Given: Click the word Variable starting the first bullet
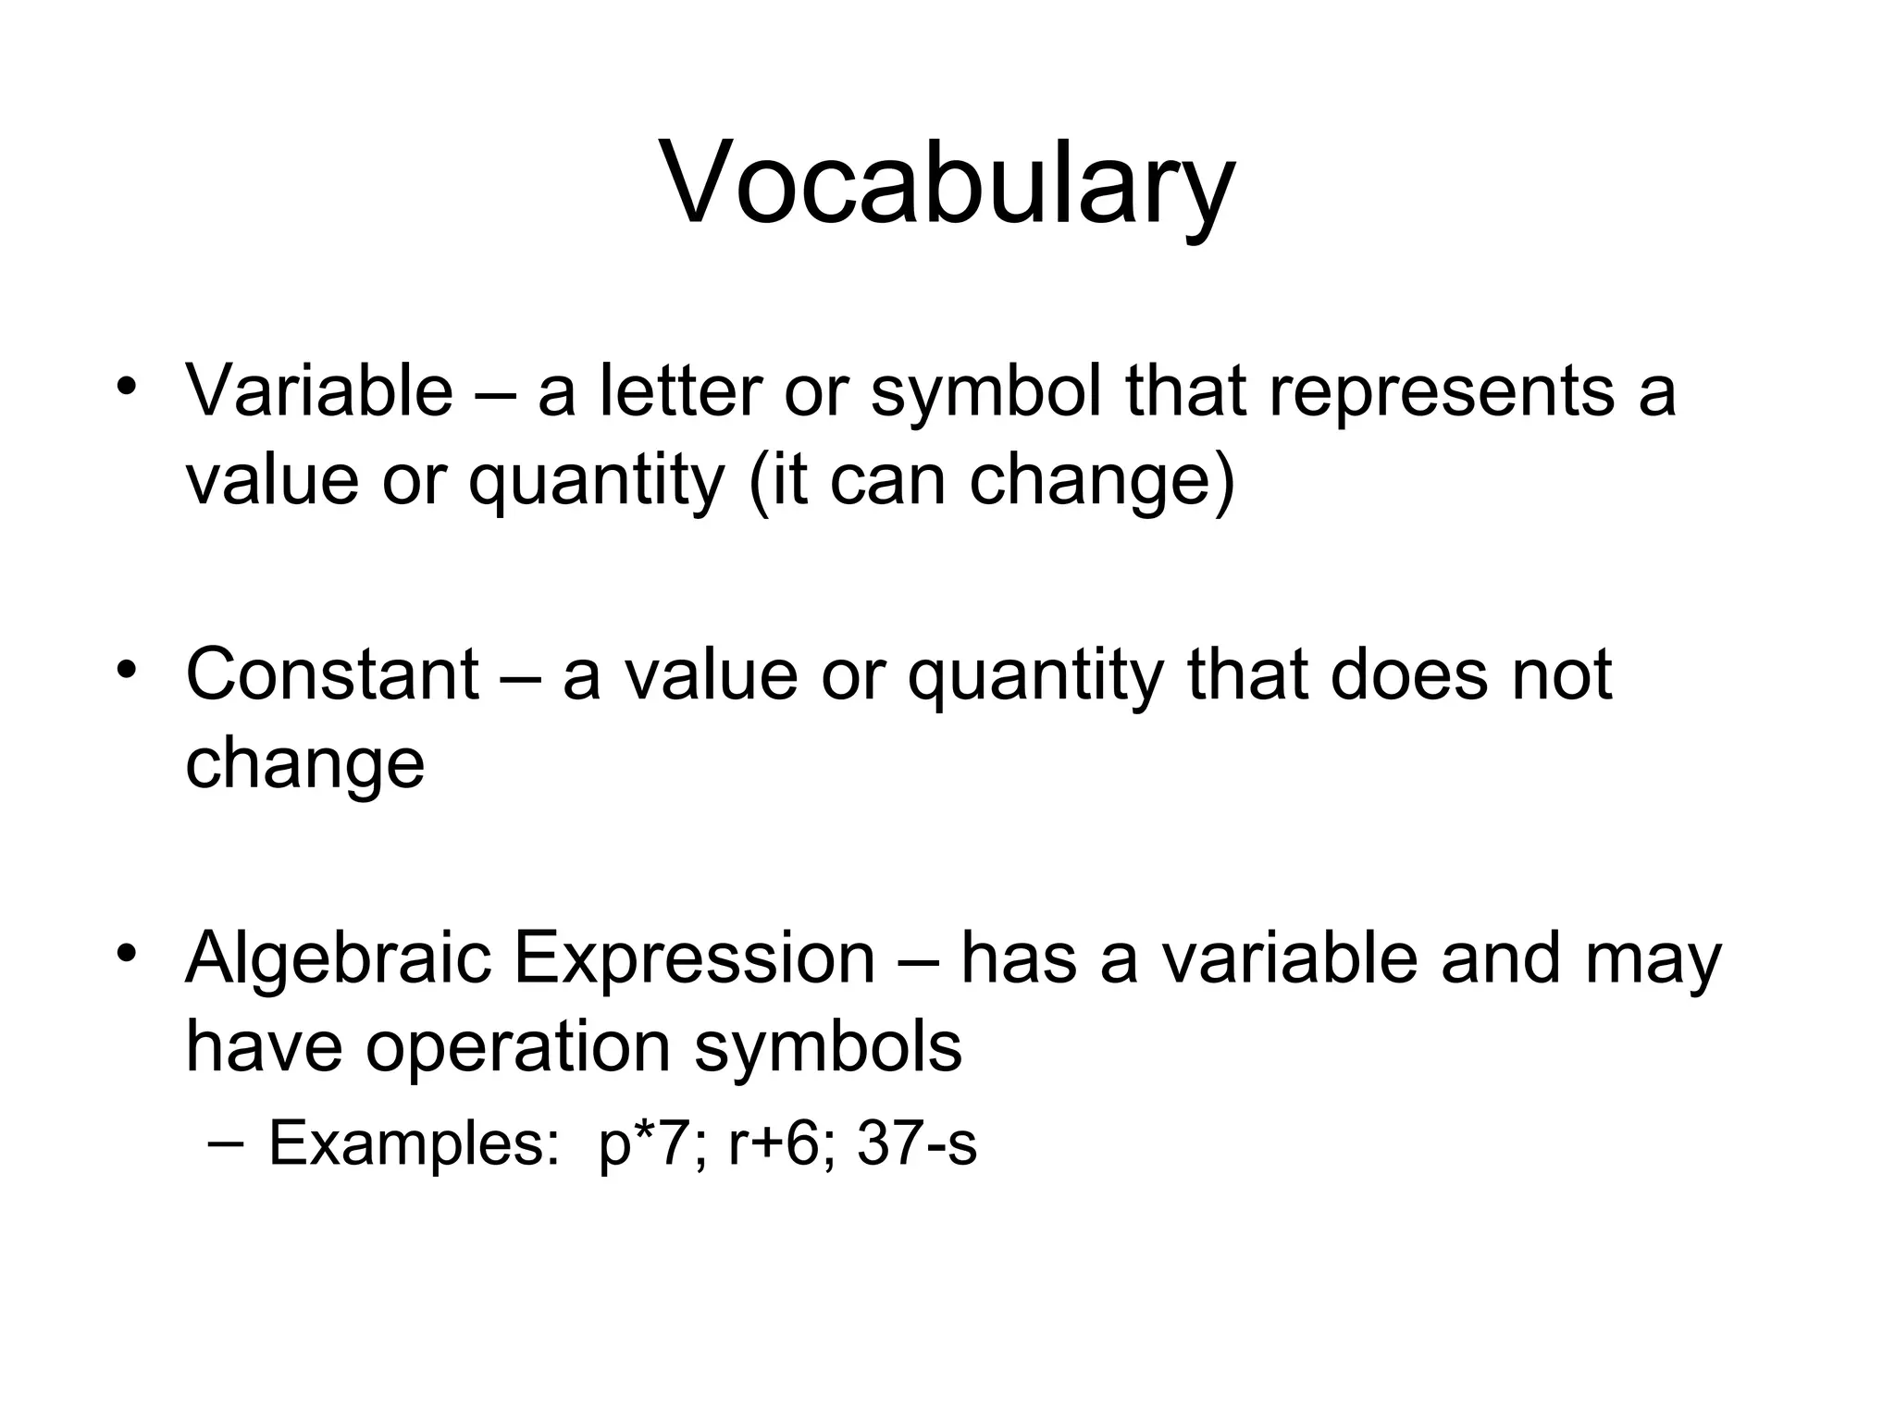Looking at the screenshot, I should [x=319, y=390].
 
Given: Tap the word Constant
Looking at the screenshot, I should [x=332, y=674].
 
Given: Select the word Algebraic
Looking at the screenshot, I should [x=338, y=958].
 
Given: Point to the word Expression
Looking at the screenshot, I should [x=694, y=958].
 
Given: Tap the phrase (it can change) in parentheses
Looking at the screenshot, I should [x=991, y=482].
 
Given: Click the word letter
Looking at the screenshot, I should [x=681, y=390].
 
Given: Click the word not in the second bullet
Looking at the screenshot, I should [x=1563, y=674].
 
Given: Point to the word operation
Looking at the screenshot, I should [x=518, y=1048].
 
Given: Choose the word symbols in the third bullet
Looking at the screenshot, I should [x=828, y=1048].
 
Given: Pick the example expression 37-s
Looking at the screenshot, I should [x=916, y=1144].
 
